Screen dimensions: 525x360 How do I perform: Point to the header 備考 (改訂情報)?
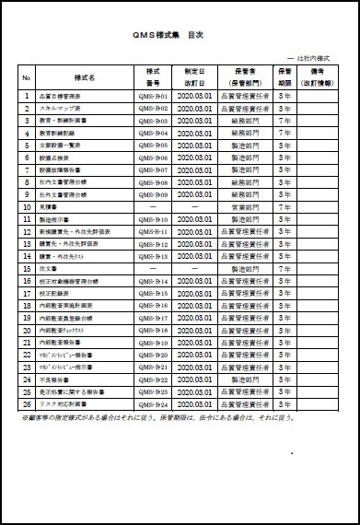point(318,76)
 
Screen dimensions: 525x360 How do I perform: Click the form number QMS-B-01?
point(153,95)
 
